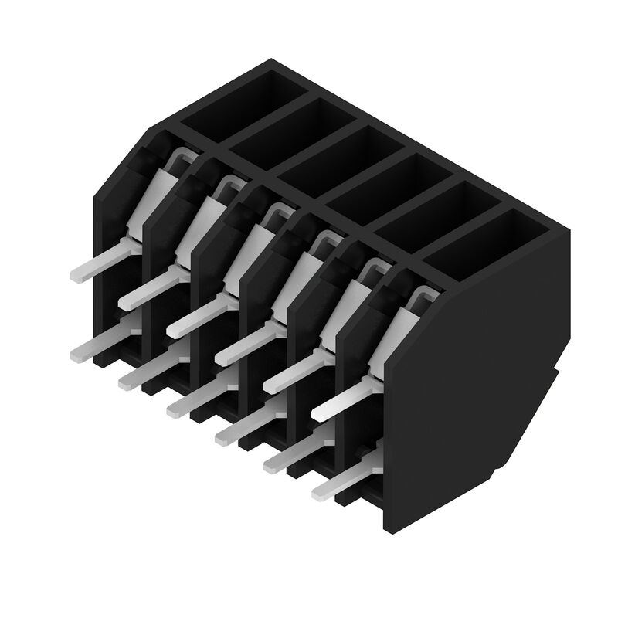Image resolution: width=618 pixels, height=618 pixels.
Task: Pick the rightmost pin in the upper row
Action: [348, 402]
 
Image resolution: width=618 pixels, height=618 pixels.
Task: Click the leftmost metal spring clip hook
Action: [179, 159]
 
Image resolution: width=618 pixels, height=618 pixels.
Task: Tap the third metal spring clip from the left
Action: [274, 214]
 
